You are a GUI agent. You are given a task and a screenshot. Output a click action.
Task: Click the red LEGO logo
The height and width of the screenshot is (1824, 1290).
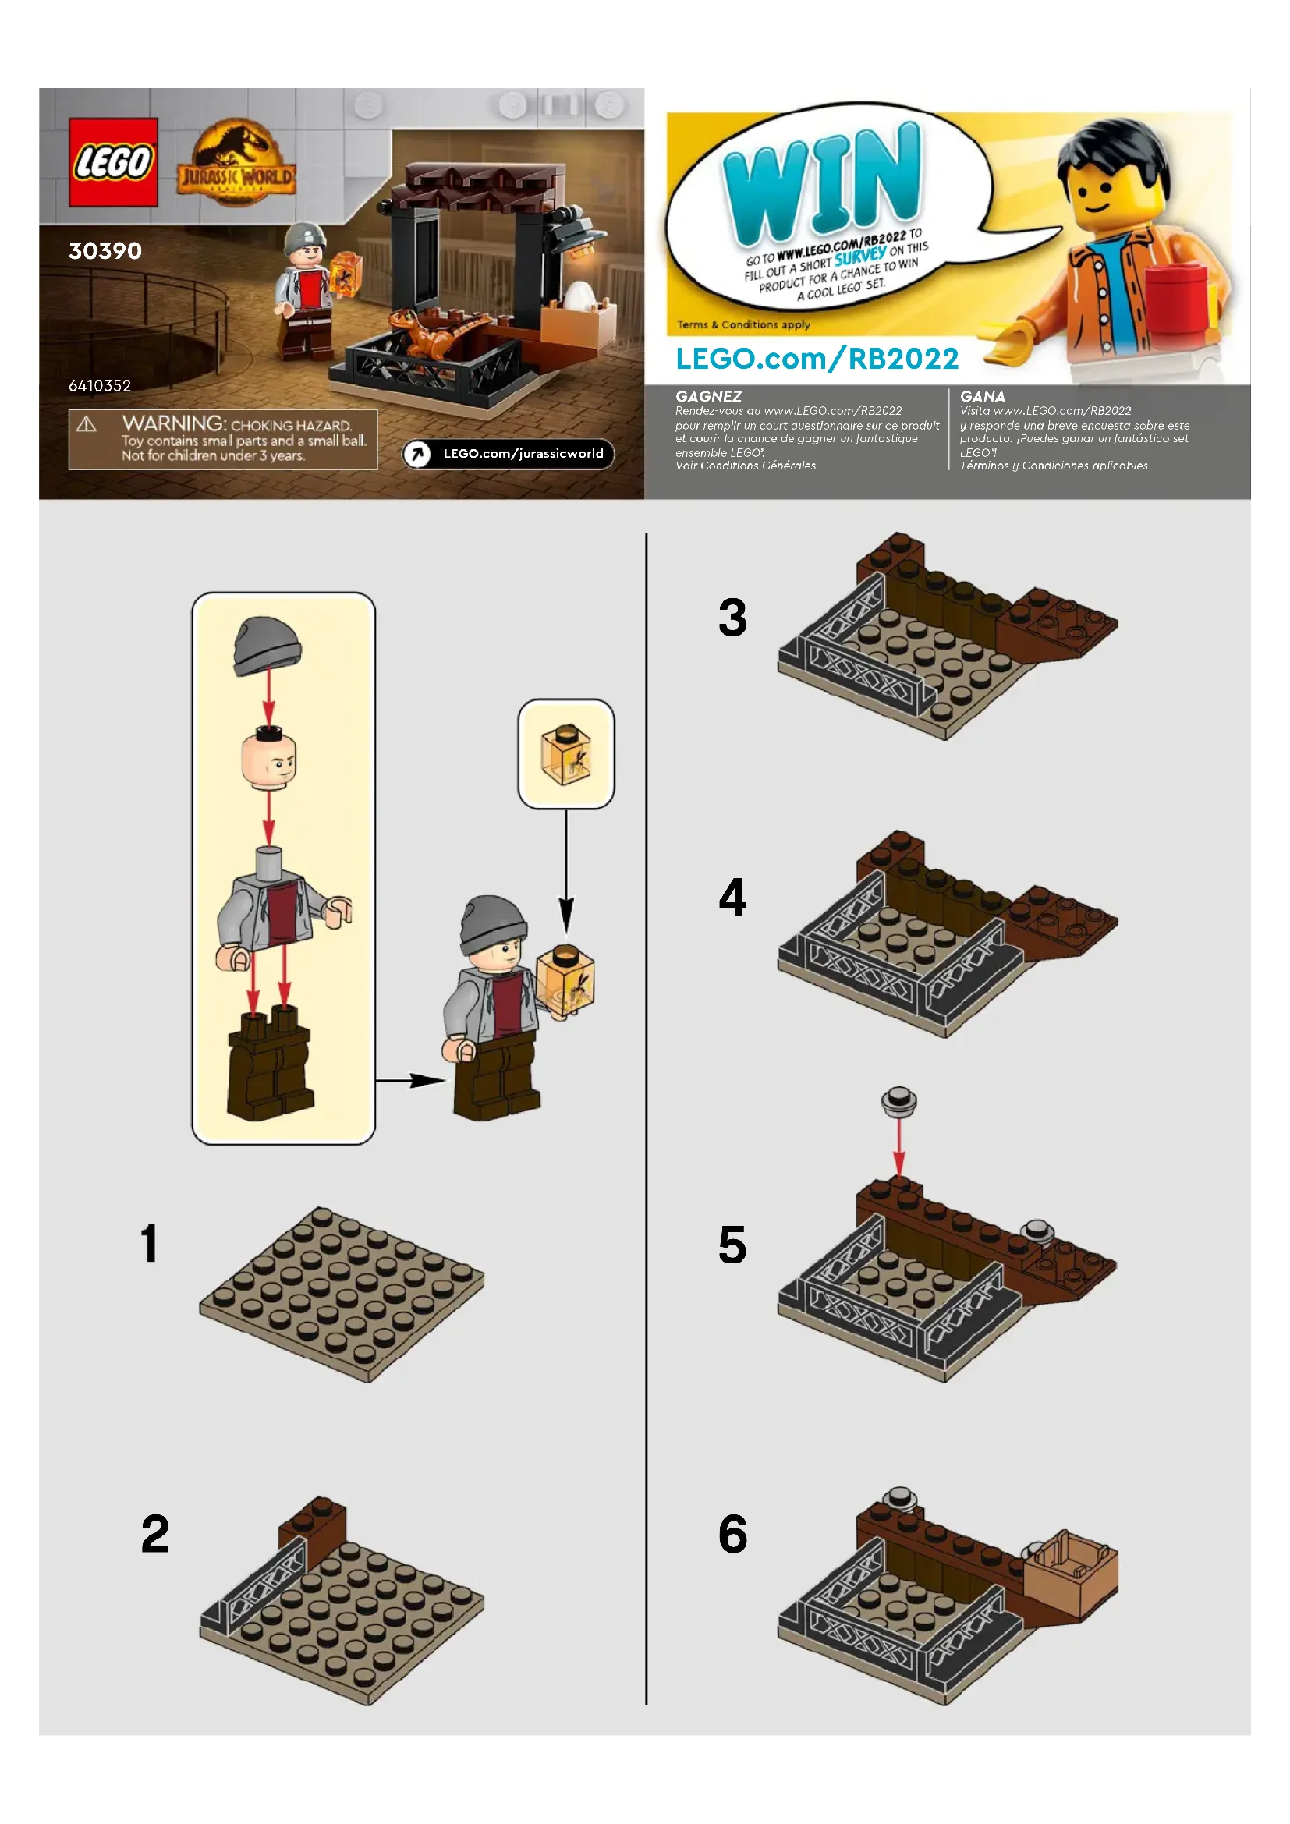(113, 162)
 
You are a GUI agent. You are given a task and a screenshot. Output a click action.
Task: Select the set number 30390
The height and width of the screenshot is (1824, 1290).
(105, 251)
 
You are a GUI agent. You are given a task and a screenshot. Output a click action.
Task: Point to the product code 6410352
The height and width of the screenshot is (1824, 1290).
(99, 385)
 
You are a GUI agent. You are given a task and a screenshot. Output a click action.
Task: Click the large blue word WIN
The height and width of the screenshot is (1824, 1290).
(824, 182)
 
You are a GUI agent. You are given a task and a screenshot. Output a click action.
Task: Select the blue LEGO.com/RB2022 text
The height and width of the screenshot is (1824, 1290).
(817, 358)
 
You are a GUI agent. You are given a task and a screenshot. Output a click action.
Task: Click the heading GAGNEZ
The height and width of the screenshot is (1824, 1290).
(708, 395)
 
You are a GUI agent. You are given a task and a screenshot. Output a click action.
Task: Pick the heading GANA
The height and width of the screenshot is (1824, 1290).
(982, 395)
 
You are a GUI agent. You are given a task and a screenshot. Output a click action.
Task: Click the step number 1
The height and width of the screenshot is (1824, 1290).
(149, 1243)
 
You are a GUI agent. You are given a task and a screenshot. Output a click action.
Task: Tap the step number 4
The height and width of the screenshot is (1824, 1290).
(732, 898)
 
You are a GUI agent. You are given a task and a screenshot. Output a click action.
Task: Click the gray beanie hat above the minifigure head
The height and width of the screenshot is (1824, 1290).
(268, 645)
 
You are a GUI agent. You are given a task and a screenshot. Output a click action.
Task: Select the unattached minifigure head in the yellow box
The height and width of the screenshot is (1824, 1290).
(268, 760)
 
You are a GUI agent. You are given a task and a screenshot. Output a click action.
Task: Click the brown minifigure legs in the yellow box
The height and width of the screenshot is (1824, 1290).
(270, 1062)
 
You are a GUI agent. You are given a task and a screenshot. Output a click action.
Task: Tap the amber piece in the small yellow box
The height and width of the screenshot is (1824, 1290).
(566, 755)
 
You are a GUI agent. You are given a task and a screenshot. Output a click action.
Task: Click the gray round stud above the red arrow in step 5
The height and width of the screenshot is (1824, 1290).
(899, 1102)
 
